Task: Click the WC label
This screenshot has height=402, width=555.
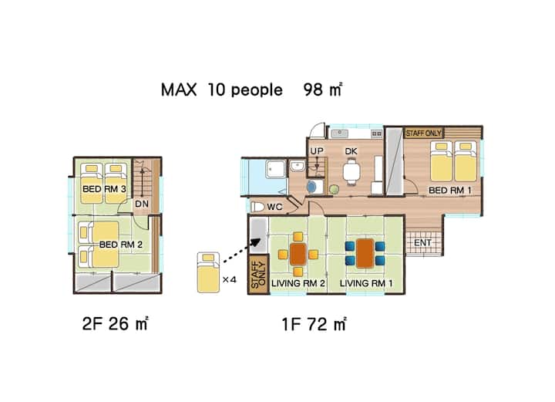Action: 274,207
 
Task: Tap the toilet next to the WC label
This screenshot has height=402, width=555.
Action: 257,207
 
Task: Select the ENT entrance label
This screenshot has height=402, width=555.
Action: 422,242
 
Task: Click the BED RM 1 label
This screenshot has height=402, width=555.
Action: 450,190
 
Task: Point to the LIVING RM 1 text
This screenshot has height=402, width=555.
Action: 366,283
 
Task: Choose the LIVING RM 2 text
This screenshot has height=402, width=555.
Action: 298,283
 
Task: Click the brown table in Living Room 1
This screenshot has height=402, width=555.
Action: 365,253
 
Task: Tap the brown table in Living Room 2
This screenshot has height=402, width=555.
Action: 298,254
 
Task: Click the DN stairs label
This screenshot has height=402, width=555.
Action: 142,204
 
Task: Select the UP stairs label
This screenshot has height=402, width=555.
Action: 317,151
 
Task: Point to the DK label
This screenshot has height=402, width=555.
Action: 351,151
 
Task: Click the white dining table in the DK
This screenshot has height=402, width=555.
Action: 351,172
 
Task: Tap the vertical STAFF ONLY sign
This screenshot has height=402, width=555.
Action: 258,274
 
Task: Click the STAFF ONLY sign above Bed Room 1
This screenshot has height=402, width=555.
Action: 424,133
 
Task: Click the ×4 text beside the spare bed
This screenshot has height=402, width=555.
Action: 230,280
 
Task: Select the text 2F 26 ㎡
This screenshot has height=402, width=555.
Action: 116,323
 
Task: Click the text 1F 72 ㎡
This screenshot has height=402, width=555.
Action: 314,324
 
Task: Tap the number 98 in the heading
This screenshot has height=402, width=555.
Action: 313,90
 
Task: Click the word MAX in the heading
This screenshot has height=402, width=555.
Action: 179,90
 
